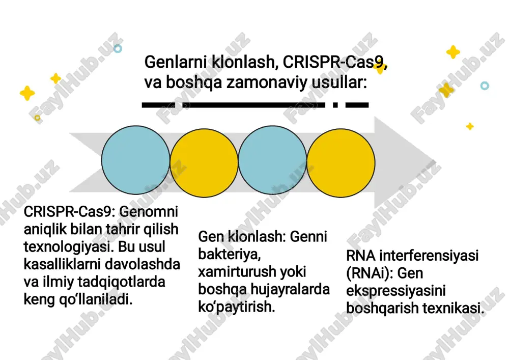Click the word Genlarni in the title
176,62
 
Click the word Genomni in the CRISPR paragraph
148,212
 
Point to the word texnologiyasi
69,246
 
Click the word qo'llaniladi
96,299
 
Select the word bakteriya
230,254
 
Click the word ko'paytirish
237,307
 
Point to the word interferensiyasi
429,256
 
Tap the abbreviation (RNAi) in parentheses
370,273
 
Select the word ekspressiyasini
395,291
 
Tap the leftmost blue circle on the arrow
136,160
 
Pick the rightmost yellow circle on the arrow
341,162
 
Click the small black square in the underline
335,105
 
